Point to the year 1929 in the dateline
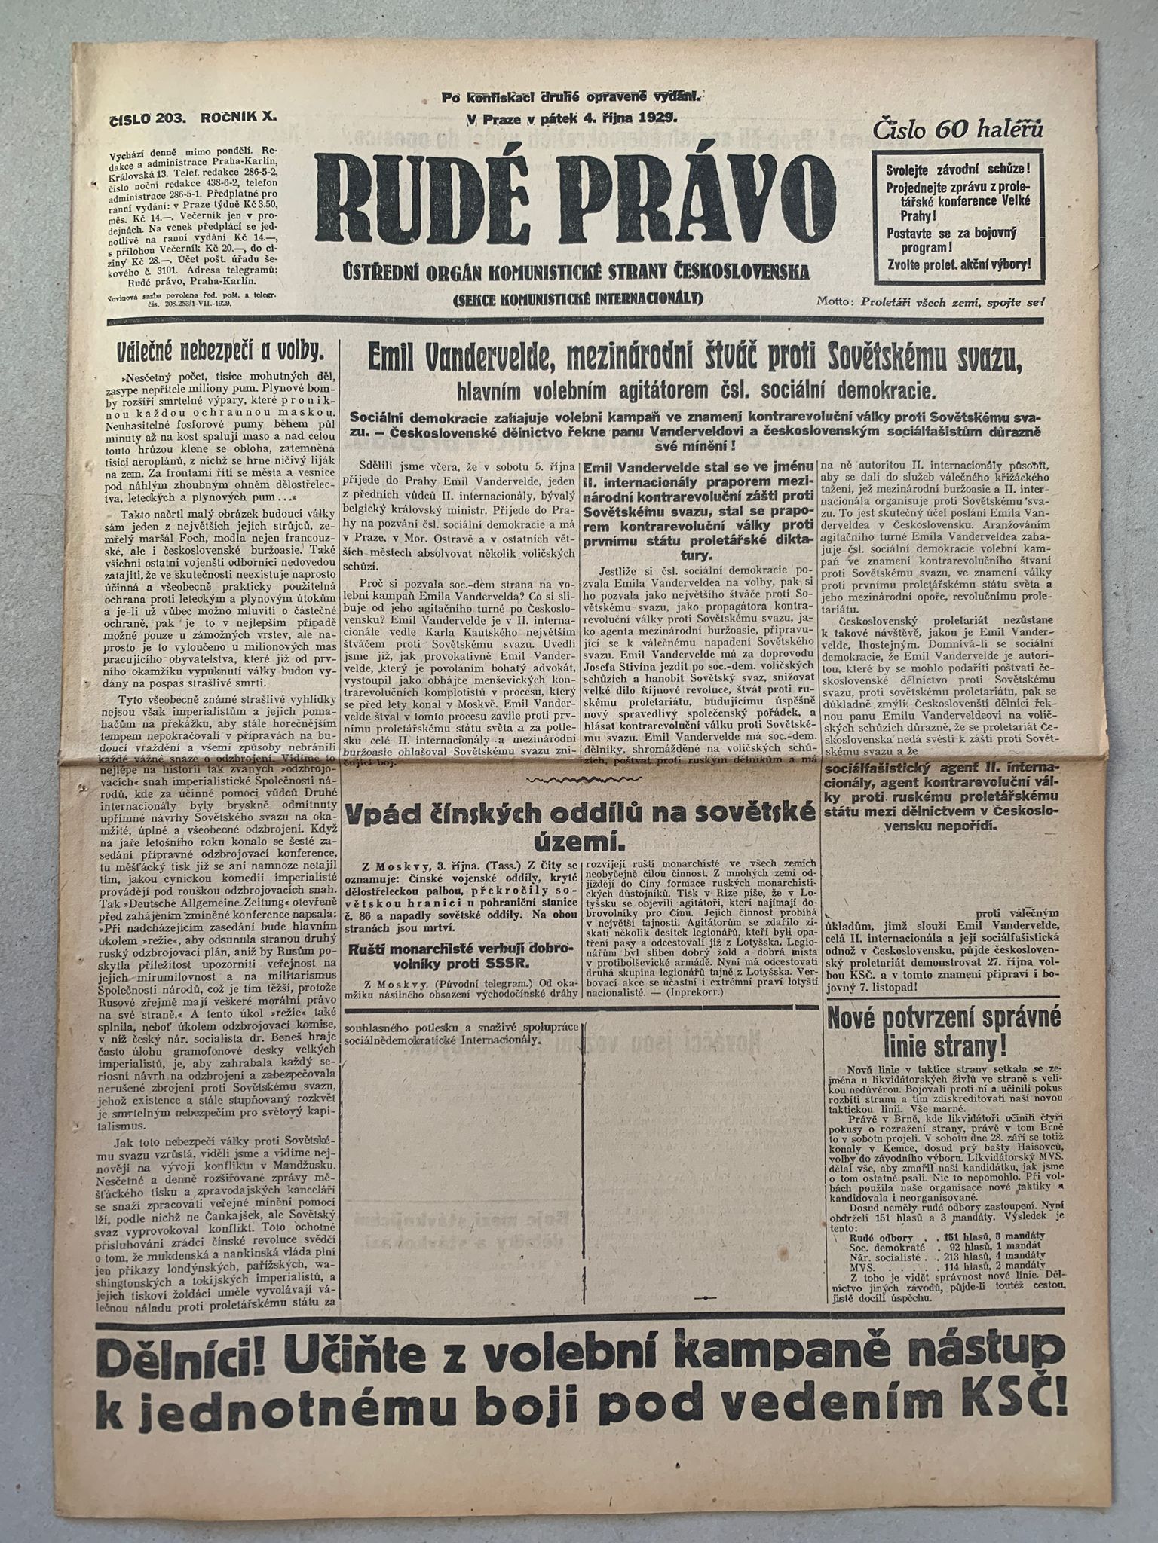coord(658,118)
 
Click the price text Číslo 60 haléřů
coord(958,130)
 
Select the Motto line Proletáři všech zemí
coord(932,301)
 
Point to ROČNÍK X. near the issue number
coord(239,118)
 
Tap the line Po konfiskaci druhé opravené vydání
coord(572,96)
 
